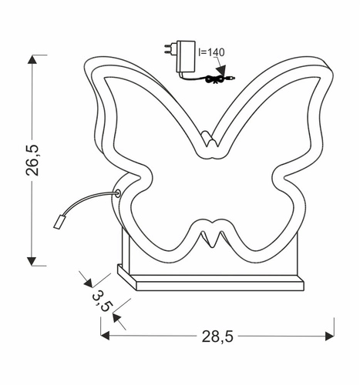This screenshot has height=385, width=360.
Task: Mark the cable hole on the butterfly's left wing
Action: point(118,194)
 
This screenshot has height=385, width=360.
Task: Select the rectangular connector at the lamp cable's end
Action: point(60,223)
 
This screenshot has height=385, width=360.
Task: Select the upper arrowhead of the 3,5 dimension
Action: point(86,278)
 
